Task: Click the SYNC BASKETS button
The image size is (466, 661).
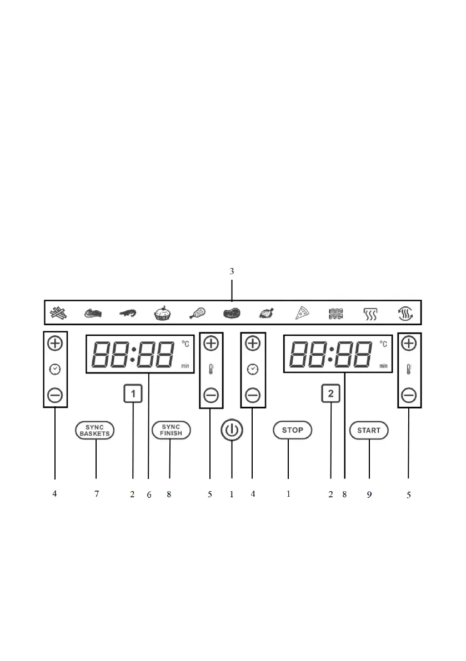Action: click(x=95, y=430)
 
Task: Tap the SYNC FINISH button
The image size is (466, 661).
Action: click(x=171, y=430)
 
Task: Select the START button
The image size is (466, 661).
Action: click(x=369, y=430)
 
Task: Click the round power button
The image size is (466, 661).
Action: click(x=232, y=431)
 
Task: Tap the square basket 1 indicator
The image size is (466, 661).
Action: click(x=133, y=395)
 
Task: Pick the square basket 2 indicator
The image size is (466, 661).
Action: click(x=330, y=395)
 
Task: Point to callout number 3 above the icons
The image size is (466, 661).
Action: click(x=232, y=271)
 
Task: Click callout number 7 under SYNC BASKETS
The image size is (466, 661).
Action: click(x=96, y=494)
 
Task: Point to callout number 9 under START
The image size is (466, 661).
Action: click(x=369, y=495)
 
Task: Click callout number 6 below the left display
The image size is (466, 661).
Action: click(x=149, y=495)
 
